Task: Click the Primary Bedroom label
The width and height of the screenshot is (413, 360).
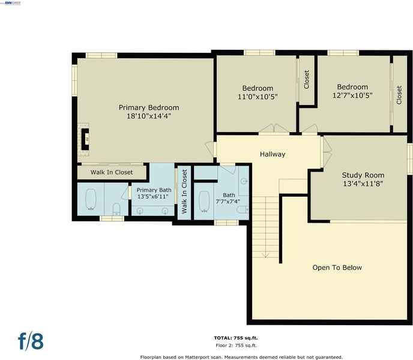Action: [x=149, y=107]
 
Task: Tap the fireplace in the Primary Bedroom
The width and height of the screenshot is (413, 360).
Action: [x=85, y=139]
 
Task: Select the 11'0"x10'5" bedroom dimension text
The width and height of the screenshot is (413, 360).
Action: [x=258, y=97]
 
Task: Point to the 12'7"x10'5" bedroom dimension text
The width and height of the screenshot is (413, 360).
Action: [x=352, y=95]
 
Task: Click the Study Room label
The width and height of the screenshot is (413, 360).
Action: [x=363, y=175]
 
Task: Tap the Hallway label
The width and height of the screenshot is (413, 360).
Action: [x=273, y=154]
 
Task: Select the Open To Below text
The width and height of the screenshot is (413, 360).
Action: [x=337, y=268]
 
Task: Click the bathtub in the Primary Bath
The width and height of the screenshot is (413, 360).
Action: [x=91, y=199]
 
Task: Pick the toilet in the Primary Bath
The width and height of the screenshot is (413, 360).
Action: [x=116, y=209]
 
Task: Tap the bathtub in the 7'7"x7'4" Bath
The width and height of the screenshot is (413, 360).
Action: [x=204, y=201]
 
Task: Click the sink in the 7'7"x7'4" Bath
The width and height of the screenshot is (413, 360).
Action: [x=244, y=181]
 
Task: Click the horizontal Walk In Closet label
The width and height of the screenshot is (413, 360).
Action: [x=112, y=172]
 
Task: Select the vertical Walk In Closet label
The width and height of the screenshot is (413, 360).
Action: [x=184, y=191]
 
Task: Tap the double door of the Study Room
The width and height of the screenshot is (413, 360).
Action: [x=327, y=152]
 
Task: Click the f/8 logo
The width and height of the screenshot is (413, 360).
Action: [x=31, y=341]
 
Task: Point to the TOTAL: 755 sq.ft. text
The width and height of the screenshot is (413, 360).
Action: [x=236, y=338]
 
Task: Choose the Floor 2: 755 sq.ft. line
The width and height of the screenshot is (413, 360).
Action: [x=236, y=345]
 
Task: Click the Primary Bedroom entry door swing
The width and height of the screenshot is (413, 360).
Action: [x=211, y=149]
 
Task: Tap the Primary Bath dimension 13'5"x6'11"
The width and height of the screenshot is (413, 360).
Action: [x=152, y=196]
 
